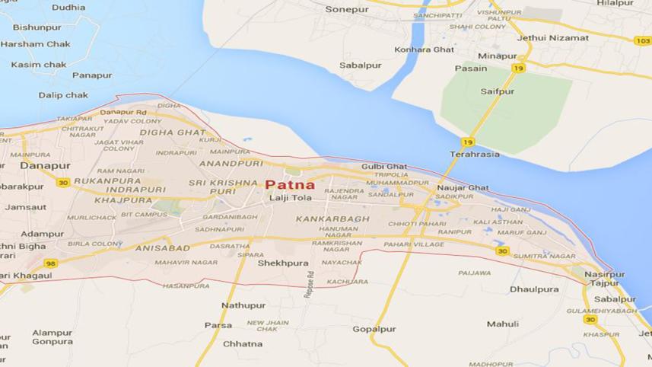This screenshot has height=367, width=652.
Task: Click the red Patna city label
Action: click(290, 184)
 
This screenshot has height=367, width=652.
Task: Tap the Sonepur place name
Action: click(346, 10)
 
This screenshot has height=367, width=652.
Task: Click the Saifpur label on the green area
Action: click(498, 91)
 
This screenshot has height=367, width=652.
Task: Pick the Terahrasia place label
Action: click(475, 154)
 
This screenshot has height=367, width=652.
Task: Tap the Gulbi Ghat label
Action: click(384, 167)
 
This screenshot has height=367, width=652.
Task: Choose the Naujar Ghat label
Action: click(463, 187)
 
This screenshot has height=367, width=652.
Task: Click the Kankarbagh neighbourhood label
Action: click(332, 219)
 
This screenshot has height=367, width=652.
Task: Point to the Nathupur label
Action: click(243, 305)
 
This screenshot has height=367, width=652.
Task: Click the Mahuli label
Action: click(503, 324)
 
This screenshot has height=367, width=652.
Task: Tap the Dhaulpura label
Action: click(534, 289)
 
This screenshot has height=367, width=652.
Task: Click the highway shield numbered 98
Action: click(51, 263)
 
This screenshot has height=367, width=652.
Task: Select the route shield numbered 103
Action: click(642, 40)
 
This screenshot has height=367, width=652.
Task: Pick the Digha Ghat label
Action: click(172, 132)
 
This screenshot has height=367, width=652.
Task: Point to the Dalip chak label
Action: click(63, 95)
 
